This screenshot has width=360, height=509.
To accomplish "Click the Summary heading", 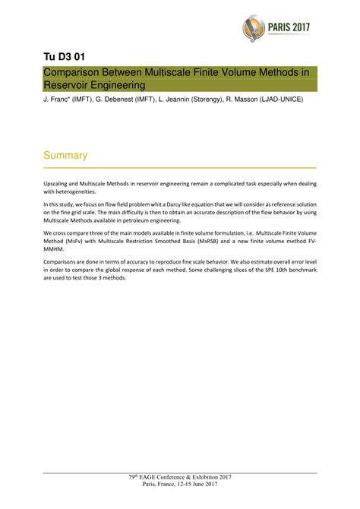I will (65, 155).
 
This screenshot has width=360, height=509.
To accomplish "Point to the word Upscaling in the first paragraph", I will (58, 185).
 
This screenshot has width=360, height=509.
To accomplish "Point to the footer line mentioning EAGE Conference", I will (180, 476).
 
